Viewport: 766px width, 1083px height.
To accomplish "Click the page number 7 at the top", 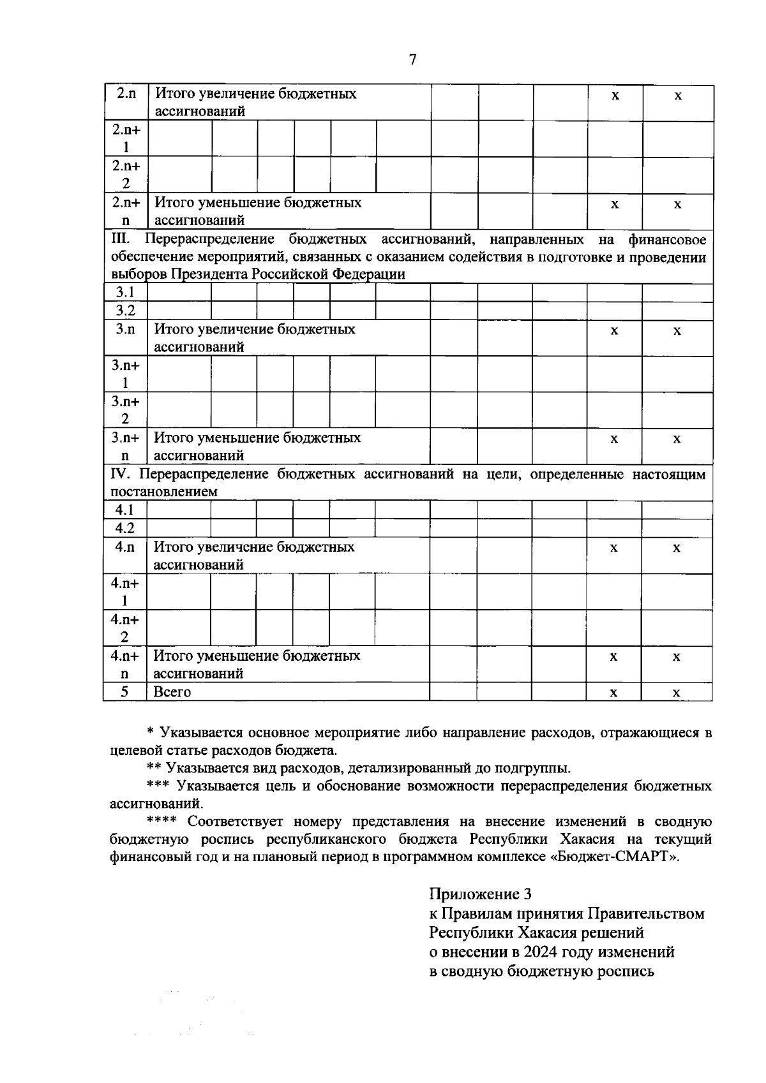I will point(412,60).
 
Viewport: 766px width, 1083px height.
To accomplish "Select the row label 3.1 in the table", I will point(124,293).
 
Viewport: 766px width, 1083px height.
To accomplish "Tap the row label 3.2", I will point(124,311).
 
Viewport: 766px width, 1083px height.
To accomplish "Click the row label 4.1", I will point(124,510).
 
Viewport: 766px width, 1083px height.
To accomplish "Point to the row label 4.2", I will point(124,528).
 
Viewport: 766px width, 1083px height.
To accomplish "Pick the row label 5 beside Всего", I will point(124,691).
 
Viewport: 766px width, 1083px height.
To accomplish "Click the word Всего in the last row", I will point(172,692).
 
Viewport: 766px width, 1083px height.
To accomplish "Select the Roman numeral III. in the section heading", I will point(120,240).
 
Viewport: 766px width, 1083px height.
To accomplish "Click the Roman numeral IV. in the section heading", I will point(121,475).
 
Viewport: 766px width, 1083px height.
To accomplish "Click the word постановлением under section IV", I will point(163,492).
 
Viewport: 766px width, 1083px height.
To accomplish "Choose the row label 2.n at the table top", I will point(126,94).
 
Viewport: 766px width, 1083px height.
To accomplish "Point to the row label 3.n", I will point(125,330).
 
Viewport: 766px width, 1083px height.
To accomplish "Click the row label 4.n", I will point(125,547).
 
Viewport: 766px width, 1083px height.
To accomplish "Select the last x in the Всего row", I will point(677,693).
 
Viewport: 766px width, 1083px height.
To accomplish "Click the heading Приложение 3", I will point(480,894).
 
